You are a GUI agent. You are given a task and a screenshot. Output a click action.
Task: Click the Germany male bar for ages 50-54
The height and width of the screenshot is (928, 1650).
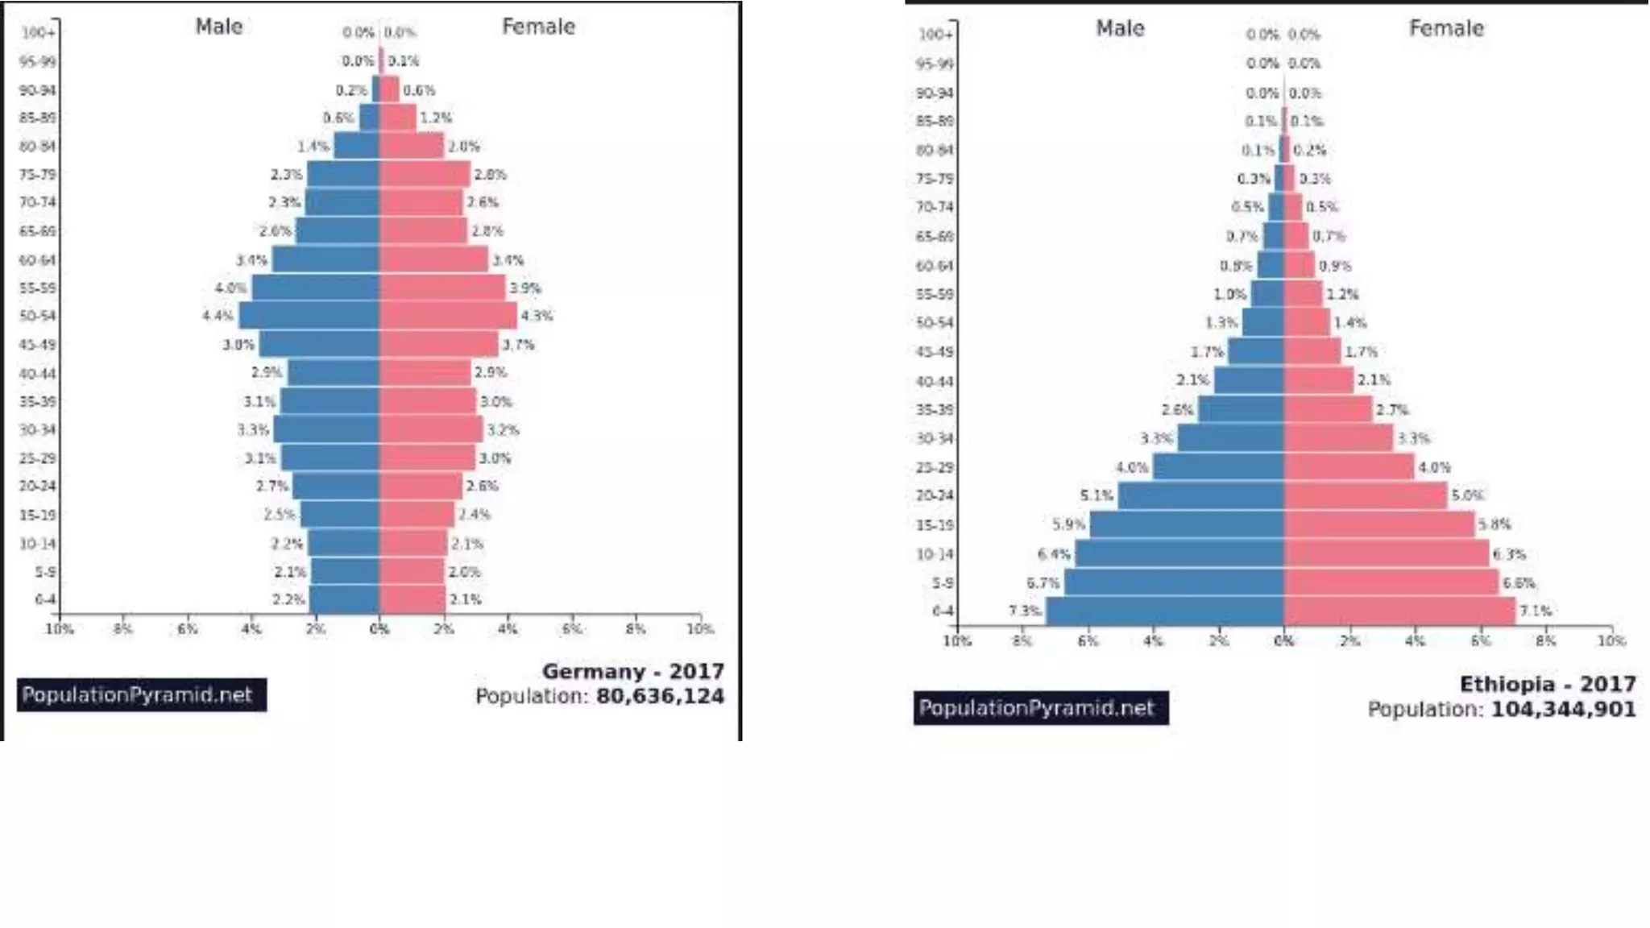click(x=310, y=316)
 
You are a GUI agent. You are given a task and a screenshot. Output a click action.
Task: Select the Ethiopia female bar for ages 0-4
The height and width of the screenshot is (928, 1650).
click(x=1399, y=611)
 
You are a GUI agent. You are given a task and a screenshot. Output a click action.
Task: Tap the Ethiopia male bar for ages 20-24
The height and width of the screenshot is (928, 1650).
click(x=1200, y=495)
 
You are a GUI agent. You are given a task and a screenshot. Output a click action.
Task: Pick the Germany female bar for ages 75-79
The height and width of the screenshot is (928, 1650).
click(x=425, y=174)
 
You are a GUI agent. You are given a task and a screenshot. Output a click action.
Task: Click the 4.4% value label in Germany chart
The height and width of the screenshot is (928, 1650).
click(x=218, y=316)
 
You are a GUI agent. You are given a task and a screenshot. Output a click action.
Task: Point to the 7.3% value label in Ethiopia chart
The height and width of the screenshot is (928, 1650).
click(x=1025, y=611)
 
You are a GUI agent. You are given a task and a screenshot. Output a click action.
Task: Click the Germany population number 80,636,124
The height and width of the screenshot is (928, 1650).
click(x=660, y=696)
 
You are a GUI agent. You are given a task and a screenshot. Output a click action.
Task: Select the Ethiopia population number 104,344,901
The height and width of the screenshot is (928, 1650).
click(x=1563, y=710)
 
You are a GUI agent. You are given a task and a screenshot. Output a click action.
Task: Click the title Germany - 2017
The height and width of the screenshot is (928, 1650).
click(x=632, y=671)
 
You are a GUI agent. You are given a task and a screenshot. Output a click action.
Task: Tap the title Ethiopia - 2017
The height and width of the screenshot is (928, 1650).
click(x=1547, y=684)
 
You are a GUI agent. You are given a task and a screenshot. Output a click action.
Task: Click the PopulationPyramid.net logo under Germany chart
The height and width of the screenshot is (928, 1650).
click(x=141, y=694)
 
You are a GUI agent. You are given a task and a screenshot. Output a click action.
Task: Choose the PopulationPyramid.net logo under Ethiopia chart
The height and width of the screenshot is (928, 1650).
click(x=1040, y=708)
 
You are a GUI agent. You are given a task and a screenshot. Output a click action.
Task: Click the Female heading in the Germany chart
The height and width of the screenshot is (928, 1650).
click(x=538, y=27)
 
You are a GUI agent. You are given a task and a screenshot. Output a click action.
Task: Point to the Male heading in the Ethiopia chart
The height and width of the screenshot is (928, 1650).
click(x=1120, y=28)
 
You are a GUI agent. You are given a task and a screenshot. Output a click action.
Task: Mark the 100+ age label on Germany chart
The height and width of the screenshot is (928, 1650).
click(x=38, y=33)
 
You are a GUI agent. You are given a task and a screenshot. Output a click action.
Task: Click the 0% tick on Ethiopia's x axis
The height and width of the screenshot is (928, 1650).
click(x=1283, y=641)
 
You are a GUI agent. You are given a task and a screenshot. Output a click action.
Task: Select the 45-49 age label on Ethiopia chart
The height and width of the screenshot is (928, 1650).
click(x=935, y=352)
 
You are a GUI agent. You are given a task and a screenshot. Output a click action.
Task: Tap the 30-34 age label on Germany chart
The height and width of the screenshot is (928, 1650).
click(x=38, y=429)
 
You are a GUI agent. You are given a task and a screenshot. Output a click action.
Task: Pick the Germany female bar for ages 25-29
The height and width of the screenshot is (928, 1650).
click(x=427, y=458)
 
